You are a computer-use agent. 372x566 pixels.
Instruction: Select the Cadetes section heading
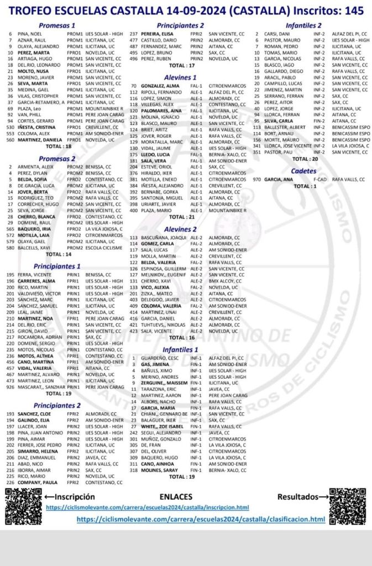303,171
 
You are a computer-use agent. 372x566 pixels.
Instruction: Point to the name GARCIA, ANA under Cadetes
279,179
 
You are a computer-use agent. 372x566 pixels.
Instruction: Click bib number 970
257,179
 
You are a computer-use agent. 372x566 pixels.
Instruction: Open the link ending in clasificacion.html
201,519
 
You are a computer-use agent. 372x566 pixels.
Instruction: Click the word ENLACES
175,496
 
